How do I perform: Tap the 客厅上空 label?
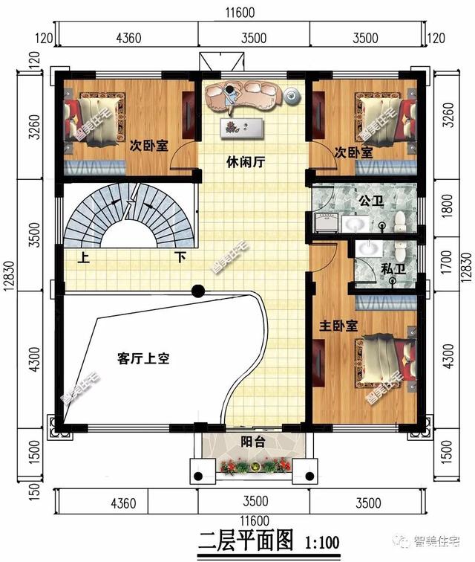(144, 358)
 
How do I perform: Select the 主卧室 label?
(339, 326)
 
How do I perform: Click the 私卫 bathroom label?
(393, 269)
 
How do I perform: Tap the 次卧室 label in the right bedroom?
(353, 152)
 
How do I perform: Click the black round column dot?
(198, 291)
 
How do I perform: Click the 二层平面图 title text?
(244, 538)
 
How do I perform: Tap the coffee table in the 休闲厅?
(242, 126)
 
